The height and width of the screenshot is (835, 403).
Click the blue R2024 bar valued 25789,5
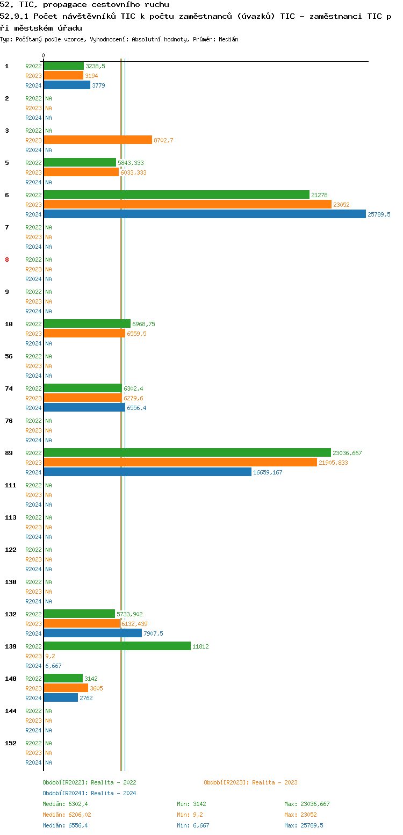coord(204,214)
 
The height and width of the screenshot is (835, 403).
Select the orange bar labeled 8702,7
coord(98,140)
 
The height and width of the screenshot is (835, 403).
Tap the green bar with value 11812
coord(117,646)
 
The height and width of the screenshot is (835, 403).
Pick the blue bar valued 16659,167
coord(147,472)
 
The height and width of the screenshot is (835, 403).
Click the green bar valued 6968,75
coord(87,323)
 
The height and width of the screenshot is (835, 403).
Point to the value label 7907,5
coord(153,634)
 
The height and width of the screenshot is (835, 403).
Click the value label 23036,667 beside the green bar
coord(347,453)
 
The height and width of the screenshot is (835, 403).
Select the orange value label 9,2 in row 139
coord(50,656)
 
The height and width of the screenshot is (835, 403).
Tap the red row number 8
coord(7,260)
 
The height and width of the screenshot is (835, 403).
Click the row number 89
coord(9,453)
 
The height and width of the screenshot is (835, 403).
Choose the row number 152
coord(11,743)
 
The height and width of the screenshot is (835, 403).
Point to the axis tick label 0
coord(43,55)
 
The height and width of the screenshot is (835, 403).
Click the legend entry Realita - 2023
coord(250,782)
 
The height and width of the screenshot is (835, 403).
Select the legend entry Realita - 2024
coord(89,793)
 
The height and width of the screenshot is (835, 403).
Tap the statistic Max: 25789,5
coord(304,825)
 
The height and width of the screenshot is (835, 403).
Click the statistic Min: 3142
coord(191,804)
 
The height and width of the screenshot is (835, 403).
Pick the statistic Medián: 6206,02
coord(67,815)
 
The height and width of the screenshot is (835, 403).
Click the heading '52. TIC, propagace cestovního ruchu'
coord(84,5)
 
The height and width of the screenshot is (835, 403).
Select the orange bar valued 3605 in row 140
coord(66,688)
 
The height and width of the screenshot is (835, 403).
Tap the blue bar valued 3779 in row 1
coord(67,85)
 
